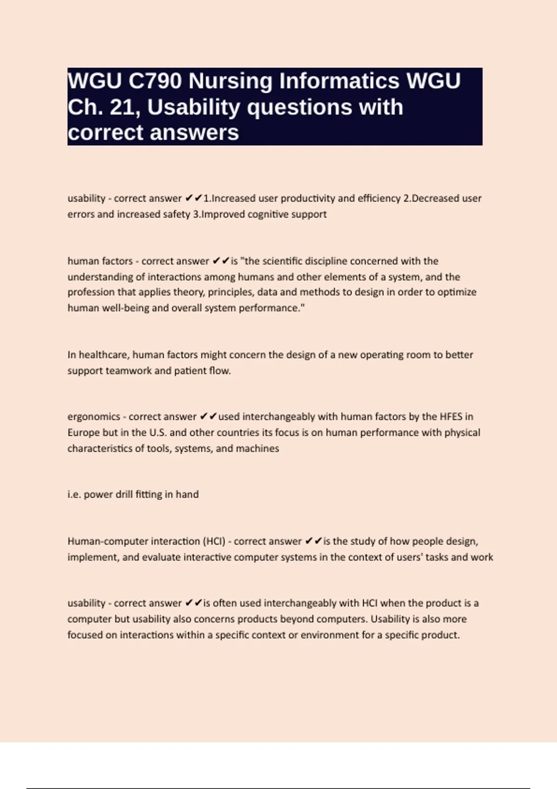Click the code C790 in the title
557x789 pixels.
point(155,81)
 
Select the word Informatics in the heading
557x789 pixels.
point(293,81)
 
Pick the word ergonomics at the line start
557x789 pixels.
point(94,417)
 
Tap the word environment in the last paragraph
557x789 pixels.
point(330,634)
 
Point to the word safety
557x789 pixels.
point(176,214)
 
